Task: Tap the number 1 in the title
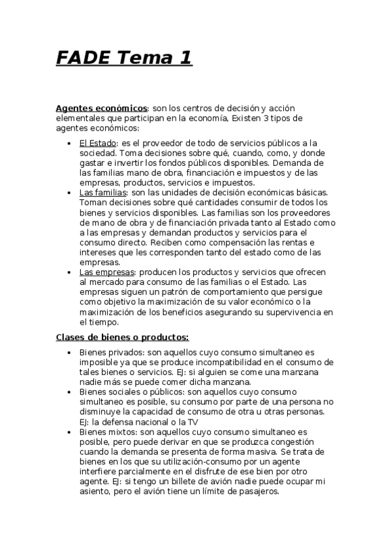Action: tap(184, 58)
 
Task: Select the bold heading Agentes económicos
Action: tap(102, 108)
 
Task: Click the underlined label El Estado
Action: tap(97, 142)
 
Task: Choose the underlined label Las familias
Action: tap(102, 193)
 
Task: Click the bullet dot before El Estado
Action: tap(70, 142)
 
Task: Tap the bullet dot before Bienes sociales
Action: tap(70, 392)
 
